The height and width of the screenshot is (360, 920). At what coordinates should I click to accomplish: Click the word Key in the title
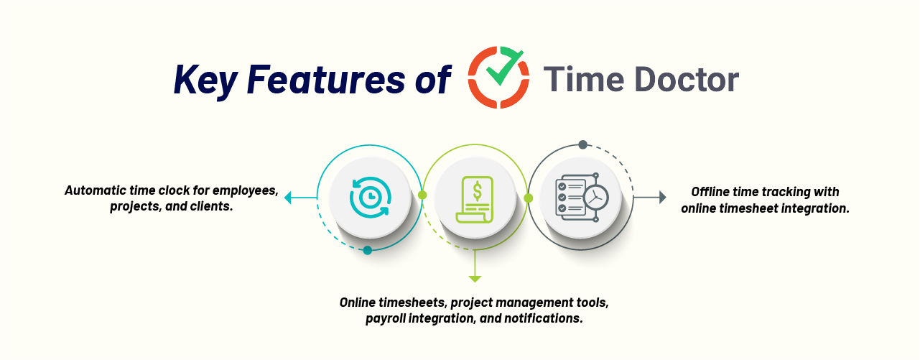point(206,80)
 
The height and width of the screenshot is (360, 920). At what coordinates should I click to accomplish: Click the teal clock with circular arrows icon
point(370,198)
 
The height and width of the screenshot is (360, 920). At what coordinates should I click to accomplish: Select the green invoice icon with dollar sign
point(475,200)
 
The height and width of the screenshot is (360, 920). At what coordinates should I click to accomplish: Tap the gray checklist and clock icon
point(582,198)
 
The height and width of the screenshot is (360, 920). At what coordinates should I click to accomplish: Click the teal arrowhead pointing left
point(288,198)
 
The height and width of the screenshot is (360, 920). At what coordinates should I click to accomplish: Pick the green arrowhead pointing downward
point(475,279)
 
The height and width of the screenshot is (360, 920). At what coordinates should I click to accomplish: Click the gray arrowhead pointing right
point(662,198)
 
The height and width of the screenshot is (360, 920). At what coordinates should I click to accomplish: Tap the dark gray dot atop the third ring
point(582,144)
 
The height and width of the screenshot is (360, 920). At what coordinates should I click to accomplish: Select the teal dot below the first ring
point(368,250)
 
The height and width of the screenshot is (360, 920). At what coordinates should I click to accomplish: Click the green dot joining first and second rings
point(422,195)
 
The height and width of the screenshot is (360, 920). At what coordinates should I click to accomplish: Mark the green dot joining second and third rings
point(528,198)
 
